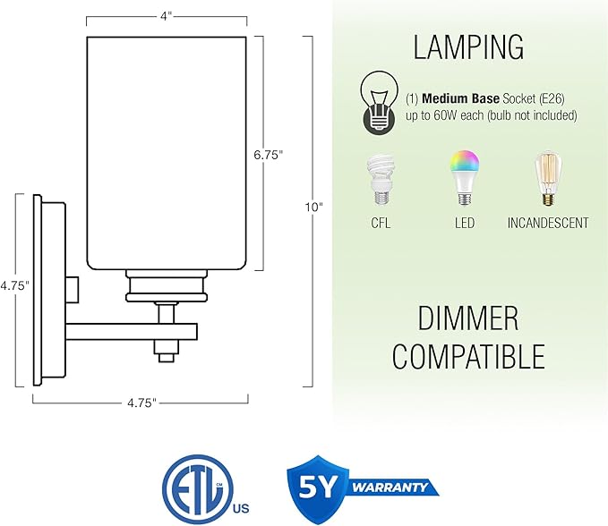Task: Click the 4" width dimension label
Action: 166,14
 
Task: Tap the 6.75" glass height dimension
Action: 268,154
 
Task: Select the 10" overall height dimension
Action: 313,208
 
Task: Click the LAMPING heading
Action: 468,46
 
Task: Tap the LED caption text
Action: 464,223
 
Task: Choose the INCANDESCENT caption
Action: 547,223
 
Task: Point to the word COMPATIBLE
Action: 468,356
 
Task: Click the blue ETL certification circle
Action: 194,489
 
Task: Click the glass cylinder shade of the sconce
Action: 166,152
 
